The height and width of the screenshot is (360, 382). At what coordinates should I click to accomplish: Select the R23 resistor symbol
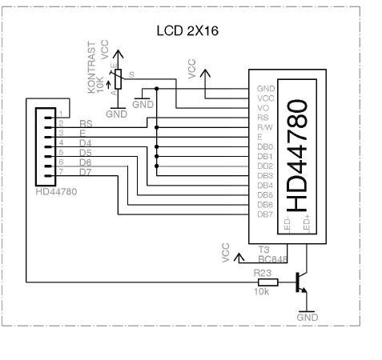tap(266, 282)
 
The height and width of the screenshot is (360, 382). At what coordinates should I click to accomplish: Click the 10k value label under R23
tap(261, 292)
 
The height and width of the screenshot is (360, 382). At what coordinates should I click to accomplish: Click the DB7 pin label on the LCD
tap(264, 214)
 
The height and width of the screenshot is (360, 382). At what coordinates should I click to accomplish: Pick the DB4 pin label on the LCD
tap(264, 186)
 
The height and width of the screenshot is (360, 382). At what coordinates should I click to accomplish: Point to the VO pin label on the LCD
tap(261, 107)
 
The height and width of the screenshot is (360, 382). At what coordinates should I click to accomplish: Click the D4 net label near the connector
tap(86, 142)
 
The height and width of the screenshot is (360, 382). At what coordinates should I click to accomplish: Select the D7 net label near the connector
tap(86, 171)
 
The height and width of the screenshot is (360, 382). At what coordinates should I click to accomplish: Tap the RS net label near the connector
tap(86, 123)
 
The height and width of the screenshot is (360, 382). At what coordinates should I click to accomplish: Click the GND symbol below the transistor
tap(307, 314)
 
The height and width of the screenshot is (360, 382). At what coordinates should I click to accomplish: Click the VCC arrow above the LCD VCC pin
tap(206, 74)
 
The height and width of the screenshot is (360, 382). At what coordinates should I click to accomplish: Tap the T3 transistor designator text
tap(263, 250)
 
